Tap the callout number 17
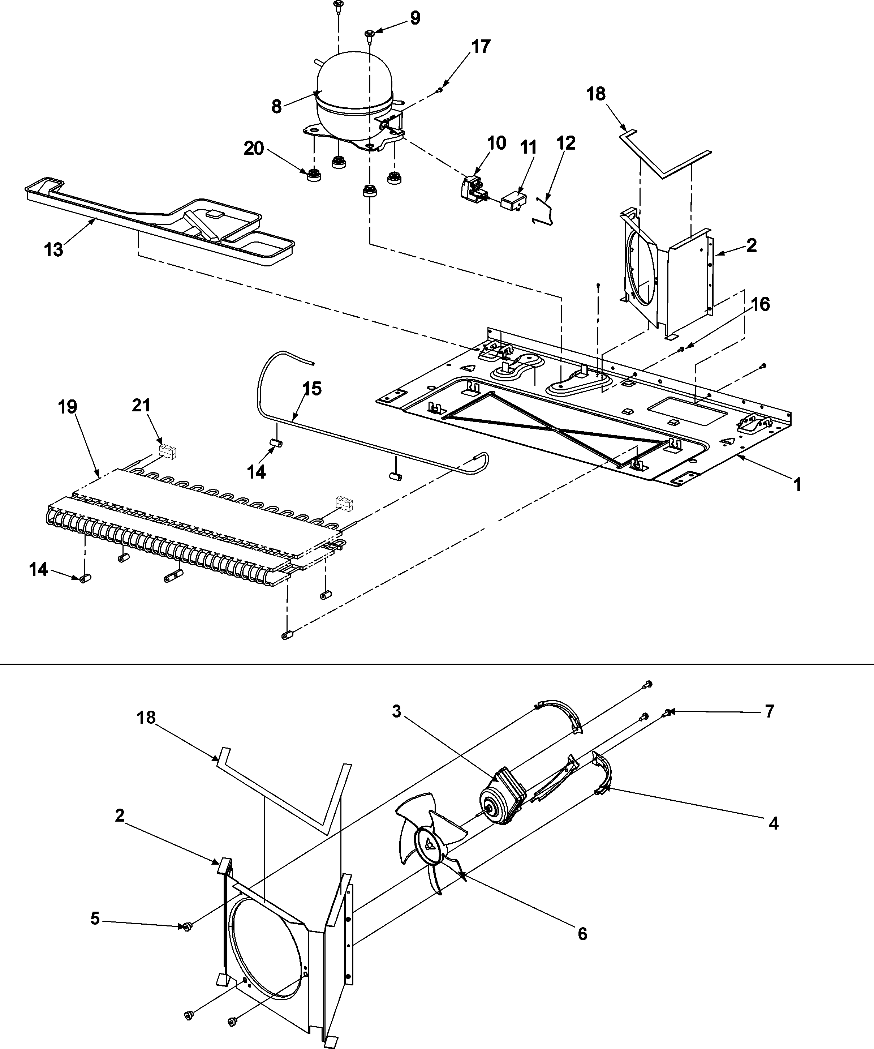(x=481, y=47)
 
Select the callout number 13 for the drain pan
(x=53, y=249)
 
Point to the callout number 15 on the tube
(x=312, y=389)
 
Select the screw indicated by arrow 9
(x=370, y=34)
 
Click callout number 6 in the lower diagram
(x=582, y=934)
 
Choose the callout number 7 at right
(x=769, y=711)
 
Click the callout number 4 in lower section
(x=773, y=823)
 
